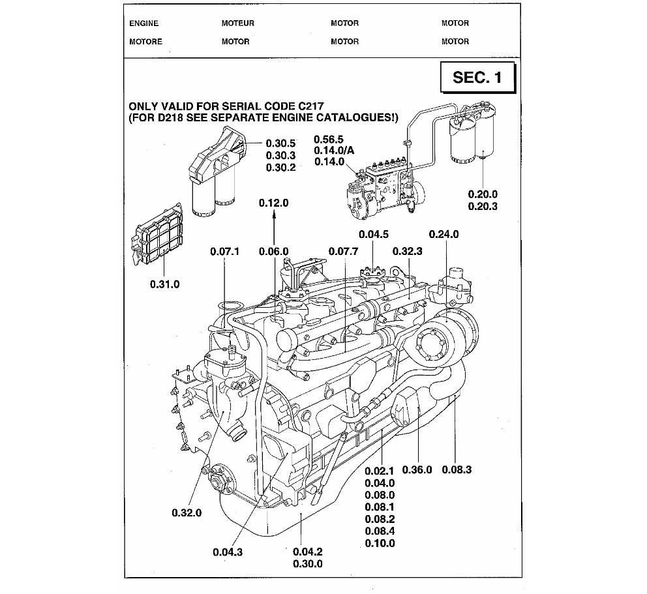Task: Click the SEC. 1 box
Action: pyautogui.click(x=477, y=78)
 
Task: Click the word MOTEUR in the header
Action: pyautogui.click(x=237, y=23)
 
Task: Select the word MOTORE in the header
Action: pyautogui.click(x=145, y=42)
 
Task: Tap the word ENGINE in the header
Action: pyautogui.click(x=143, y=23)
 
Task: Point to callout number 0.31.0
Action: pyautogui.click(x=164, y=284)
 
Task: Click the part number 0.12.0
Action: pyautogui.click(x=273, y=203)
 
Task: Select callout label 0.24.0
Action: pyautogui.click(x=444, y=234)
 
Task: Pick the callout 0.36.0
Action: pyautogui.click(x=417, y=469)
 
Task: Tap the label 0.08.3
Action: pyautogui.click(x=457, y=469)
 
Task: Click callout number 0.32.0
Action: pyautogui.click(x=187, y=512)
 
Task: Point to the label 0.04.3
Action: pyautogui.click(x=228, y=552)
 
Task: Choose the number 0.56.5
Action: pyautogui.click(x=329, y=139)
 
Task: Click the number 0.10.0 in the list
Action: pyautogui.click(x=380, y=543)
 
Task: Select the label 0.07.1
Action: pyautogui.click(x=225, y=251)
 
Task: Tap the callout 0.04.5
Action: pyautogui.click(x=374, y=234)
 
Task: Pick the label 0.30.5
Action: pyautogui.click(x=281, y=143)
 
